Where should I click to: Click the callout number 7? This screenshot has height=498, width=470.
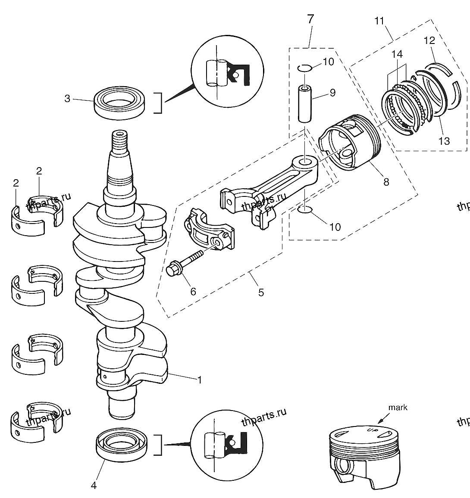(311, 19)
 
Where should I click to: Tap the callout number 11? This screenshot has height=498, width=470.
(379, 21)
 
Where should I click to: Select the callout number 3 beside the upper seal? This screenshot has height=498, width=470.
(67, 99)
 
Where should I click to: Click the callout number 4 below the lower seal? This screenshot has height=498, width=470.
(94, 486)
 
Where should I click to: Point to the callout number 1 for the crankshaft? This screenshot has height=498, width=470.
(200, 380)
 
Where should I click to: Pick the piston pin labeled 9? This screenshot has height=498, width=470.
(305, 103)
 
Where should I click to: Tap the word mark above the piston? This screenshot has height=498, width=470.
(398, 407)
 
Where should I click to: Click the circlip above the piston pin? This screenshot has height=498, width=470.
(304, 68)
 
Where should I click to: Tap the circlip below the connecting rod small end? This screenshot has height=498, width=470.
(305, 210)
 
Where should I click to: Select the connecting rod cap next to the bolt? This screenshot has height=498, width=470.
(209, 229)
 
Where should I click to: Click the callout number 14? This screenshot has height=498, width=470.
(397, 54)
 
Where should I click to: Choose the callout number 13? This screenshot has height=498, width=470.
(444, 141)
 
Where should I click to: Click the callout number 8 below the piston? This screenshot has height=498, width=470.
(386, 182)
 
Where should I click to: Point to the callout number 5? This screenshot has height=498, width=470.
(261, 293)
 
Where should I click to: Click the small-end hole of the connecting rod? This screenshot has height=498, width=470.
(305, 162)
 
